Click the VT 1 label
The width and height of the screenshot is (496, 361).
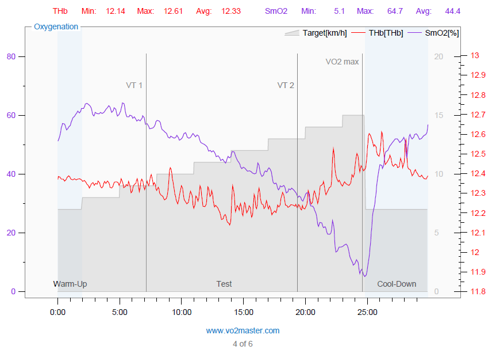click(x=134, y=85)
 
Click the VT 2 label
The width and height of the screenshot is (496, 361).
click(x=286, y=85)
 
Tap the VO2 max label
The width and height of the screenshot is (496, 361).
click(x=342, y=62)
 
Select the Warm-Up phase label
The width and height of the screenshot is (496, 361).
click(x=70, y=284)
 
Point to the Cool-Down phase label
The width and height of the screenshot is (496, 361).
click(x=397, y=284)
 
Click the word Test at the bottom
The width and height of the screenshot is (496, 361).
click(x=224, y=284)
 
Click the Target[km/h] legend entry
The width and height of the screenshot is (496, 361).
click(x=325, y=33)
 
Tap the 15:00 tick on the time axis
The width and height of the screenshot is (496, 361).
click(x=243, y=312)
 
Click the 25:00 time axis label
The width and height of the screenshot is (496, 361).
click(x=367, y=312)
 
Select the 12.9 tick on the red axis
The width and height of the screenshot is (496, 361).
click(x=478, y=75)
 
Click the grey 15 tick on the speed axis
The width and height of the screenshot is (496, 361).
click(x=439, y=115)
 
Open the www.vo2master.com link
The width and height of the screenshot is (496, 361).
click(x=243, y=330)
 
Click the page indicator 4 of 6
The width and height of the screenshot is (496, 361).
click(x=243, y=344)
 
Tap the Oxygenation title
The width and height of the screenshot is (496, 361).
click(x=56, y=26)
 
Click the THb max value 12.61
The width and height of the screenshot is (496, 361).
click(x=173, y=11)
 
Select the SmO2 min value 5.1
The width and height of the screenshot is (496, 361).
click(x=340, y=11)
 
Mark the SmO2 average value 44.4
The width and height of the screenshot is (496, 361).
click(x=453, y=11)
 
